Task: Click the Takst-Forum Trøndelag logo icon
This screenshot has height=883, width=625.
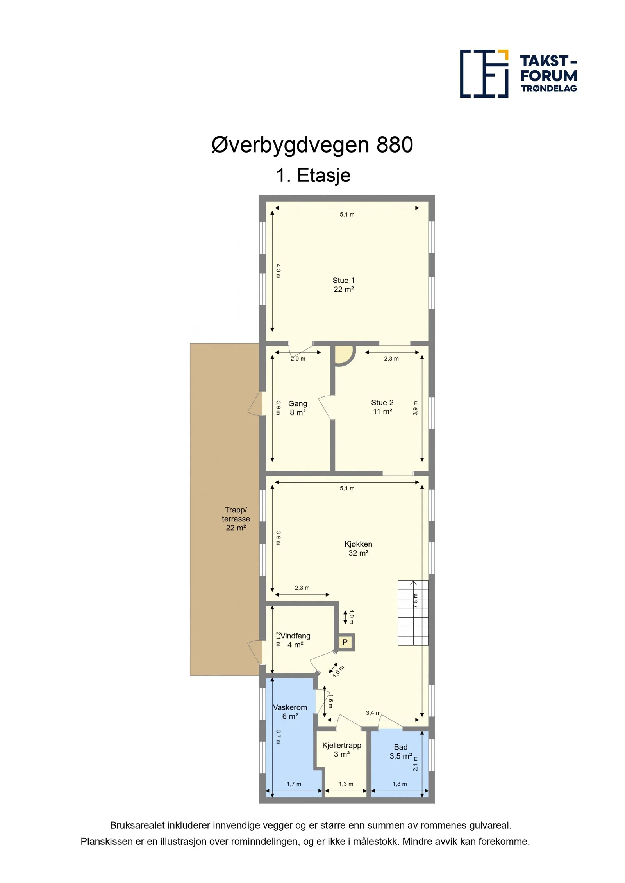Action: pos(484,73)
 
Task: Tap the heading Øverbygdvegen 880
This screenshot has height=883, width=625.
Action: pos(312,145)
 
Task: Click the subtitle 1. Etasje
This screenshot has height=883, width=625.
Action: pos(313,175)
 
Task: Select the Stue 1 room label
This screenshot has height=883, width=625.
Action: pos(344,285)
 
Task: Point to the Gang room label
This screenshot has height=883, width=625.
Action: pos(298,408)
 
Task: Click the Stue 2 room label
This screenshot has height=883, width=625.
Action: pos(382,407)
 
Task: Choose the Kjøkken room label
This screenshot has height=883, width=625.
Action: pos(358,548)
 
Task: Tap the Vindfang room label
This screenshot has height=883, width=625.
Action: pos(296,640)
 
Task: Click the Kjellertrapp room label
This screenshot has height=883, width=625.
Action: pos(342,750)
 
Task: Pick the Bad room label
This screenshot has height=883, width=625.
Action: pos(401,752)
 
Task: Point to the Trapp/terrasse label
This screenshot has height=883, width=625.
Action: pos(236,519)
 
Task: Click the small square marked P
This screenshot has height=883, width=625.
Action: pos(345,642)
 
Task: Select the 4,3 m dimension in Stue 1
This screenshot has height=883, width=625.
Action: pos(278,271)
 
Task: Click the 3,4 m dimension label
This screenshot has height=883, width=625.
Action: pos(373,713)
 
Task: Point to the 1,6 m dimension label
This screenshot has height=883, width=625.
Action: pos(331,701)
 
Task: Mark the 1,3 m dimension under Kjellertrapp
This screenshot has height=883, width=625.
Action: pos(346,784)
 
